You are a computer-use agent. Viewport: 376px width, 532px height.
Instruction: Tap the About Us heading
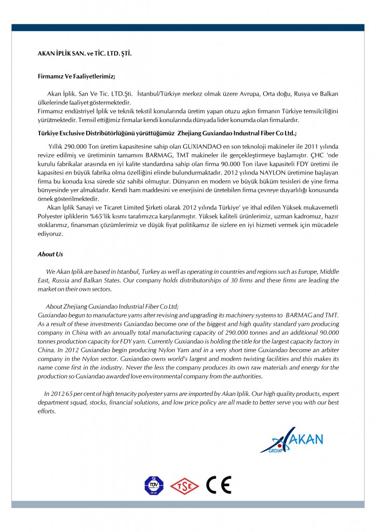(x=50, y=254)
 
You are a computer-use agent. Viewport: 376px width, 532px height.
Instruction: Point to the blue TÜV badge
(x=153, y=486)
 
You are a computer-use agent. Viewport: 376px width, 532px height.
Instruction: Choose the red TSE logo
(x=185, y=486)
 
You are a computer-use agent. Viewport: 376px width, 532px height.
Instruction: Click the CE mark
(x=218, y=485)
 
